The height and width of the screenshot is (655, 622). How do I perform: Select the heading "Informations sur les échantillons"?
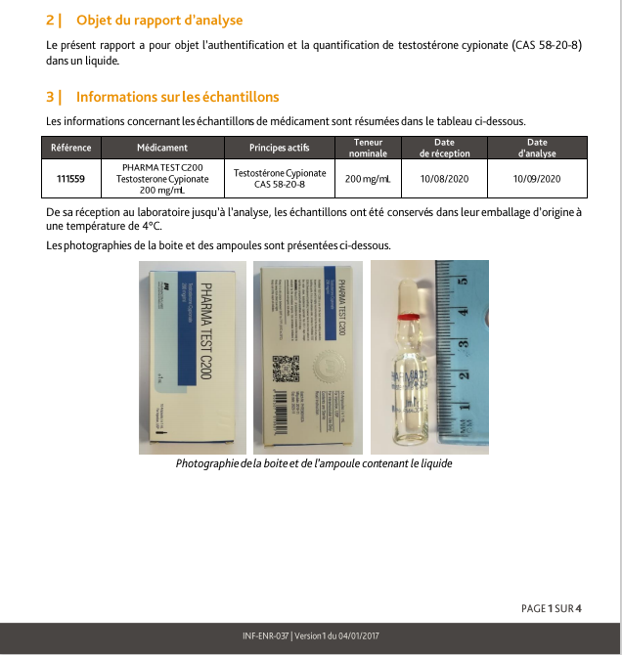tap(177, 97)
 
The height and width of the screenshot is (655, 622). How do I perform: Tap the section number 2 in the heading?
tap(50, 21)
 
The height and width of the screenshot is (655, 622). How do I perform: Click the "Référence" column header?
tap(71, 148)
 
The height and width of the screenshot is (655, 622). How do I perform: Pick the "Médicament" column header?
tap(162, 148)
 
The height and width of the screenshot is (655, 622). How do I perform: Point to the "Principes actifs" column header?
tap(279, 148)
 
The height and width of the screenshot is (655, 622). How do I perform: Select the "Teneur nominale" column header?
tap(368, 148)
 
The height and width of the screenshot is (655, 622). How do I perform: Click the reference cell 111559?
tap(71, 179)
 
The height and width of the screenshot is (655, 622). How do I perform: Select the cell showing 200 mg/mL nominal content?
tap(368, 179)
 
